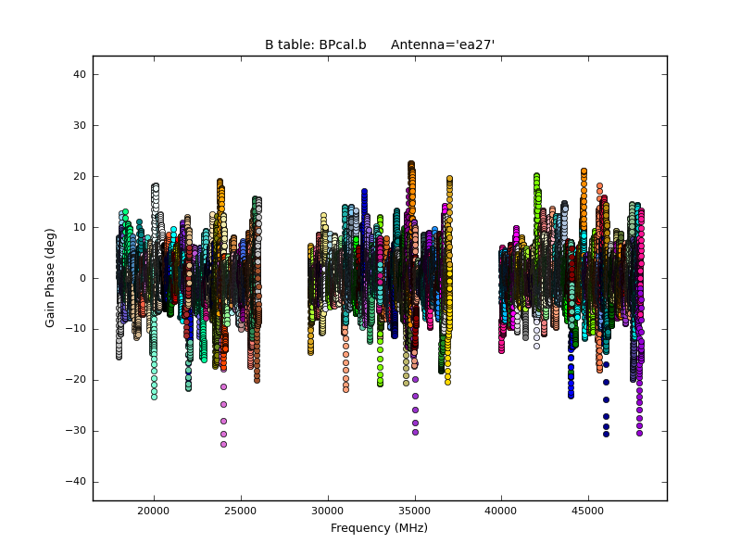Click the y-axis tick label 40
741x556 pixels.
80,74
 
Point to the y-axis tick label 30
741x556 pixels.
80,125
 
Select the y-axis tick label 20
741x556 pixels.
80,176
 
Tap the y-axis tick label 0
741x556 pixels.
82,278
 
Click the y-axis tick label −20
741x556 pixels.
76,380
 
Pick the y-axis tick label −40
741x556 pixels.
76,482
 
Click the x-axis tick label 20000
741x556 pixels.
154,510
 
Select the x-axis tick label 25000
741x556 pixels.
241,510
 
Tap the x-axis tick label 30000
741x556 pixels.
328,510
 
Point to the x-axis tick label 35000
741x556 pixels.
414,510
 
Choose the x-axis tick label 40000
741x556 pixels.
501,510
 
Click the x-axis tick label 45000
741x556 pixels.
588,510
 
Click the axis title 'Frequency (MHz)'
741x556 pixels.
379,528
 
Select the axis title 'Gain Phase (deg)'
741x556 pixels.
51,278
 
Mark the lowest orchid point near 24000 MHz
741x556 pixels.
223,444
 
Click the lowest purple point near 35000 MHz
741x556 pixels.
415,432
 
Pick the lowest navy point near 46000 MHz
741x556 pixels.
606,434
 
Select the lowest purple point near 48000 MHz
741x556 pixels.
639,433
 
